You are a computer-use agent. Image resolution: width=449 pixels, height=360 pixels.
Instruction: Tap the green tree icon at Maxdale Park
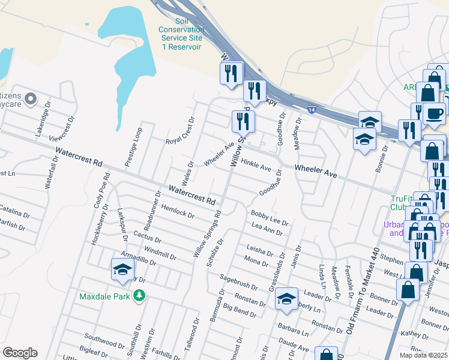[x=139, y=295]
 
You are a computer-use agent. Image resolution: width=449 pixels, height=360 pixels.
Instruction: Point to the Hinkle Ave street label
[x=256, y=164]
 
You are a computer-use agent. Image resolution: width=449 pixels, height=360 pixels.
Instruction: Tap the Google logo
[x=20, y=353]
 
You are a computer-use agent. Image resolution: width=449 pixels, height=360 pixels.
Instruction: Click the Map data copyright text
[x=423, y=355]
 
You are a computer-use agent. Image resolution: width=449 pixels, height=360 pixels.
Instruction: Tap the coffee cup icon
[x=434, y=112]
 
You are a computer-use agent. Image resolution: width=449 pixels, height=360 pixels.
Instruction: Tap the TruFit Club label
[x=403, y=203]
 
